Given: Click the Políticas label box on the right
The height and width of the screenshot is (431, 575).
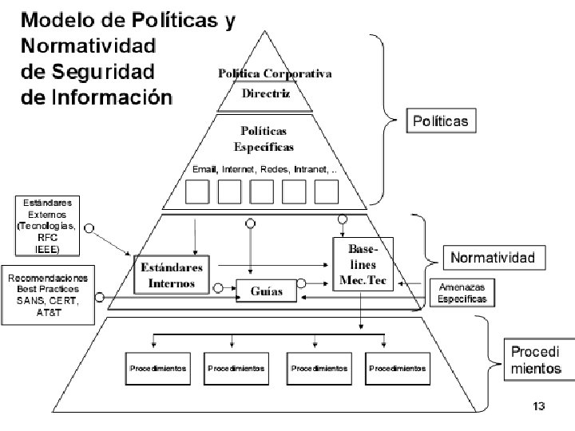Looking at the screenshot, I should (x=441, y=121).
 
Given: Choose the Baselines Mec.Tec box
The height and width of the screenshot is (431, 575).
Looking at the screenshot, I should (x=363, y=265).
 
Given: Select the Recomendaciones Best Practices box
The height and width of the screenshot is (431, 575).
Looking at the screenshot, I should (x=48, y=295).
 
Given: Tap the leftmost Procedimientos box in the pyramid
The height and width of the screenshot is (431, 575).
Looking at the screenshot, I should (x=158, y=369).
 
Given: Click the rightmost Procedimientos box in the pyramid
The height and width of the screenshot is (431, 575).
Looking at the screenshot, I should (x=397, y=369).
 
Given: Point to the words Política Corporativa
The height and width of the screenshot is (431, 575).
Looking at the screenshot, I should (x=276, y=73).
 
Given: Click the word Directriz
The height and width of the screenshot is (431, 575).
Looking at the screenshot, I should (x=265, y=93).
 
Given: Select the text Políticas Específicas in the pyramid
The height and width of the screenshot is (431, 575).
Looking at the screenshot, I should (x=264, y=138).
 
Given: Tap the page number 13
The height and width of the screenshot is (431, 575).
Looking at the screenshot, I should (x=538, y=407).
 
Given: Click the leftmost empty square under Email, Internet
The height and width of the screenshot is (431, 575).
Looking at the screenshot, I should (x=197, y=192).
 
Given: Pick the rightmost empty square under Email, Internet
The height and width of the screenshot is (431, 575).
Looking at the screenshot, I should (x=327, y=192).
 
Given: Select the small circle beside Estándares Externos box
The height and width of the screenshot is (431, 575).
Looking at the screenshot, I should (x=89, y=227).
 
